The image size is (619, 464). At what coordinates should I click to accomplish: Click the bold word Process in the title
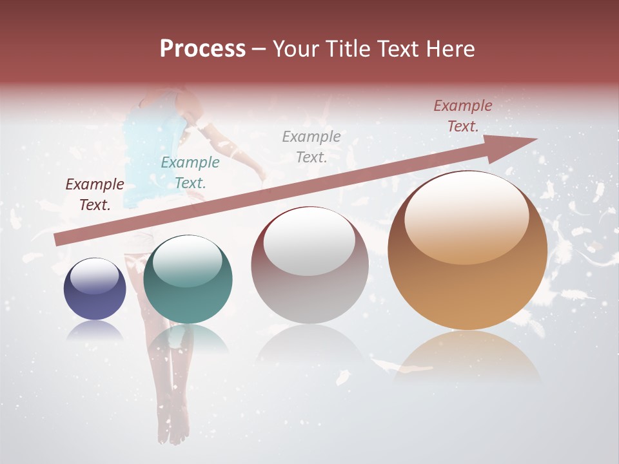(x=202, y=49)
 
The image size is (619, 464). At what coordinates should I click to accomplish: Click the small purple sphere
(x=95, y=289)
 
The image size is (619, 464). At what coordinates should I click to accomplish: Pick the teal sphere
(x=188, y=280)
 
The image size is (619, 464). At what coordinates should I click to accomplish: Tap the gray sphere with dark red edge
(x=309, y=266)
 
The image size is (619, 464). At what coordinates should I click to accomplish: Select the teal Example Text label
(x=190, y=173)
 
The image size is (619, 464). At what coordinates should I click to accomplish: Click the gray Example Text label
(x=311, y=146)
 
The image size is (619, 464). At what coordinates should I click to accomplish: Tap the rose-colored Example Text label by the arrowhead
(x=462, y=116)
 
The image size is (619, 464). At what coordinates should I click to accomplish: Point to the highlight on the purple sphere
(x=94, y=276)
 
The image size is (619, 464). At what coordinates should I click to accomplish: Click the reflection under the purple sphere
(x=95, y=331)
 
